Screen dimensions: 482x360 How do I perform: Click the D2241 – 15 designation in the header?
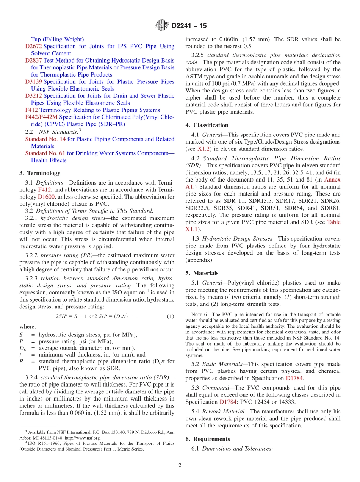pos(189,26)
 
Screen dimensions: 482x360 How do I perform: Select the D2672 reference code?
pos(34,46)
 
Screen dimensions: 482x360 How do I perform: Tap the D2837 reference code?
pos(34,60)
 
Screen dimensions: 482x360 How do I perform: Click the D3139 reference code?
pos(34,81)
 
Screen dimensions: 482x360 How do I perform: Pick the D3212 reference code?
pos(34,96)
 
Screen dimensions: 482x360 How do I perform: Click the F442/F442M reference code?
pos(41,117)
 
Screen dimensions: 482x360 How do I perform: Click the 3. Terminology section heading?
pos(40,173)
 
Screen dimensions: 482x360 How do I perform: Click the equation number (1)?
pos(171,316)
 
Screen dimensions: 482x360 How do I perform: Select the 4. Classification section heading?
pos(207,125)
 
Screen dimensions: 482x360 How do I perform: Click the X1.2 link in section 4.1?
pos(203,149)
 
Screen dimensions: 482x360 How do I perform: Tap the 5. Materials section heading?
pos(202,273)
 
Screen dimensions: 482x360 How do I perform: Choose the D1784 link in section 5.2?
pos(294,378)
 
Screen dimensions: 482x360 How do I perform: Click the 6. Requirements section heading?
pos(208,439)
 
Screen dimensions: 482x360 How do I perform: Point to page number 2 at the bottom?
pos(180,466)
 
